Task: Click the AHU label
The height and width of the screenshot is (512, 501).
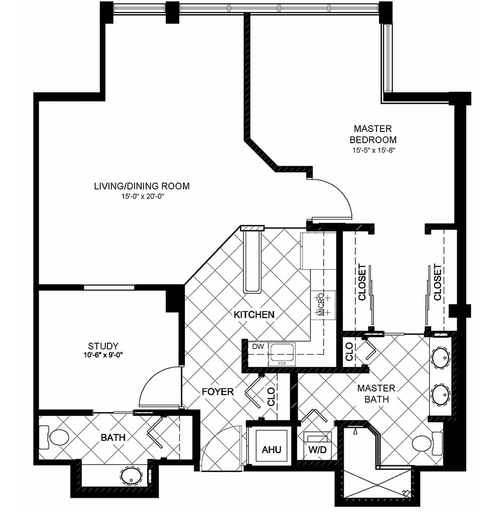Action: [271, 450]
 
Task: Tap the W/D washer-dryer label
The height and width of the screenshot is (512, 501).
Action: [318, 450]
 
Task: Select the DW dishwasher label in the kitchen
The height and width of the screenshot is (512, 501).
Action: [258, 346]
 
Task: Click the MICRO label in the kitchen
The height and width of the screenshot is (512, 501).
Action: [322, 304]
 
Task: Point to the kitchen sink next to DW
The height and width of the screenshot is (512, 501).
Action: [282, 354]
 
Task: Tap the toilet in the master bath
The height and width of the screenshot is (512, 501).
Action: [427, 443]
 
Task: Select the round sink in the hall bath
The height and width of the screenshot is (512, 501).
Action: [131, 476]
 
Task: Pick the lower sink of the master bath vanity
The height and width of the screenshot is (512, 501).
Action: [441, 395]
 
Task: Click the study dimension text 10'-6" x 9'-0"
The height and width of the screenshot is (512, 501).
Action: [103, 355]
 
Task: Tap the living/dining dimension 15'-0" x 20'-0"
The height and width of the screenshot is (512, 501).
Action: [142, 197]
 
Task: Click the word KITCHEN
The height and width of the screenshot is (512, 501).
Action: [254, 315]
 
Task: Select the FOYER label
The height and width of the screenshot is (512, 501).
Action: [218, 392]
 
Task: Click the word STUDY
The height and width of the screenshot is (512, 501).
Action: [103, 346]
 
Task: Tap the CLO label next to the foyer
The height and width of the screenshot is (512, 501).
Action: [271, 397]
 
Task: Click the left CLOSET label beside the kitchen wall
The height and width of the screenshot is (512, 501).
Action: [362, 282]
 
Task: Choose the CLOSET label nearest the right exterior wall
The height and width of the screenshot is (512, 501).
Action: [437, 282]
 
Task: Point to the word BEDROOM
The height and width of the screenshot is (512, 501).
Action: [373, 140]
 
